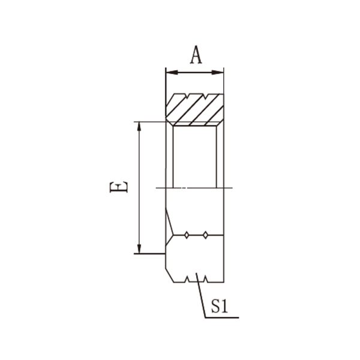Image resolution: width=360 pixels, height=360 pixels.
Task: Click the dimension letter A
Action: (196, 55)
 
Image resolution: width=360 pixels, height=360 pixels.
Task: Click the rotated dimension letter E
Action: (118, 187)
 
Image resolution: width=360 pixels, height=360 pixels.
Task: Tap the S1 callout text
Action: (220, 306)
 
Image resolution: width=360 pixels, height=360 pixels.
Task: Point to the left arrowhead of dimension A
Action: (172, 73)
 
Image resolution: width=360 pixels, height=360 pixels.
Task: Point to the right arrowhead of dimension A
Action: (217, 73)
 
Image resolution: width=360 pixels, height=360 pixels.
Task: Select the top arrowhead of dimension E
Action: (139, 128)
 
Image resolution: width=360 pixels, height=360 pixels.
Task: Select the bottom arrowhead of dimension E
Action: (139, 247)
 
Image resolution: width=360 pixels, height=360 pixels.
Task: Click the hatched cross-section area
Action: (194, 110)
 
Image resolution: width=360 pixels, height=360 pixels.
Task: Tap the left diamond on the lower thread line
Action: (187, 235)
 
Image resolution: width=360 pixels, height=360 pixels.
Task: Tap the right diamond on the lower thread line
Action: (205, 235)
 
